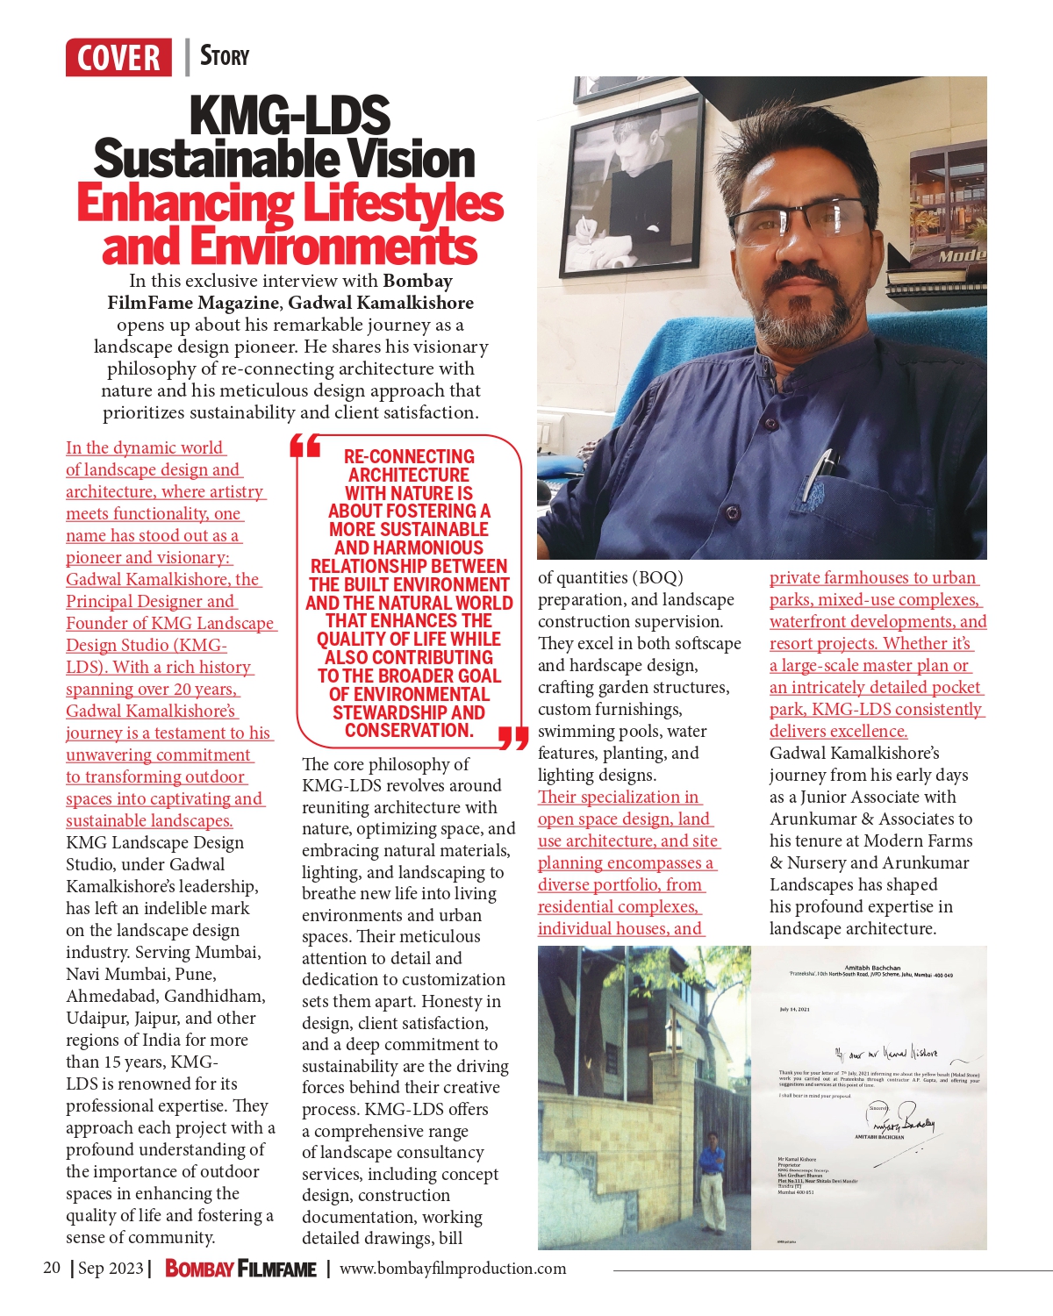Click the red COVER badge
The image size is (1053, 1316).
pyautogui.click(x=118, y=58)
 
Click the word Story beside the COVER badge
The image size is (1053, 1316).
pyautogui.click(x=225, y=56)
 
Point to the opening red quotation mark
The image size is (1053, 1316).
pyautogui.click(x=304, y=447)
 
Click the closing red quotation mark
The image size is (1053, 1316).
pyautogui.click(x=512, y=739)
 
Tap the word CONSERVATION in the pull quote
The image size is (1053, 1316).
pyautogui.click(x=409, y=731)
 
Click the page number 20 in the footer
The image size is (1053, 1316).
pyautogui.click(x=52, y=1268)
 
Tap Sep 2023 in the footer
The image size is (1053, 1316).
pyautogui.click(x=110, y=1268)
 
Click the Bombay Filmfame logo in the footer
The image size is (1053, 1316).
pyautogui.click(x=240, y=1269)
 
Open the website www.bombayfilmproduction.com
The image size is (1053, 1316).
pyautogui.click(x=453, y=1269)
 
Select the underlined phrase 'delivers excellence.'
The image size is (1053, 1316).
pyautogui.click(x=838, y=732)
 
